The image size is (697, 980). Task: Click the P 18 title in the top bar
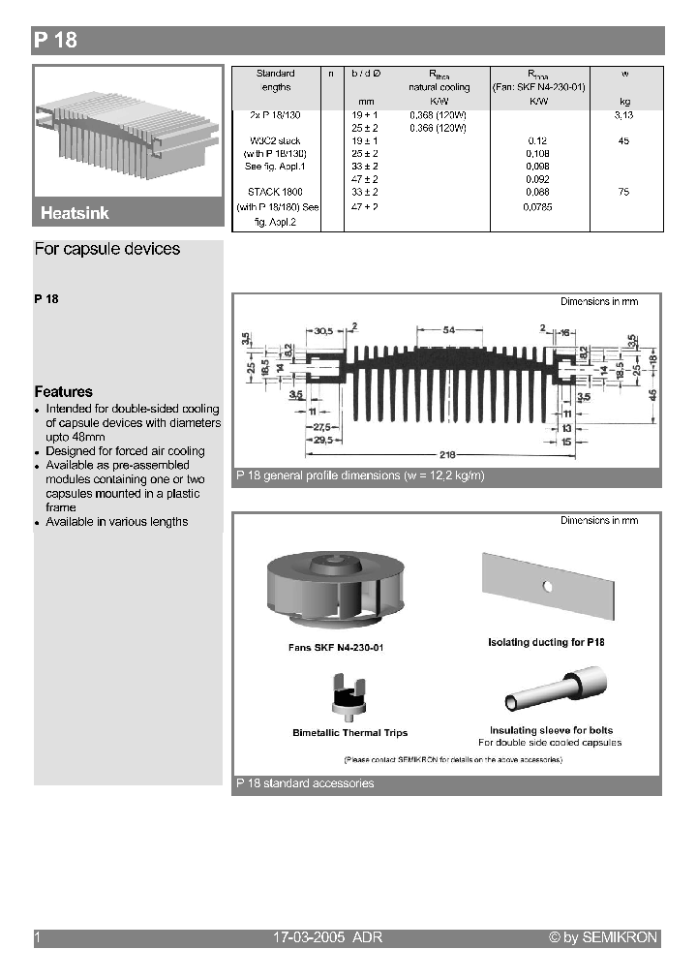55,40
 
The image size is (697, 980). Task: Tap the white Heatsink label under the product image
75,213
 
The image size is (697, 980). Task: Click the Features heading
63,391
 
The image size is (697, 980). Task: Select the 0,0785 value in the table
537,207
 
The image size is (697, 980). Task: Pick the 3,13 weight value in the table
623,114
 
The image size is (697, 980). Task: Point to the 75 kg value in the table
623,193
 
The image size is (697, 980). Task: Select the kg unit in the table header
623,101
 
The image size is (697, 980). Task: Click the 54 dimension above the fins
449,330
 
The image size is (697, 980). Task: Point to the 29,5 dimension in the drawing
323,441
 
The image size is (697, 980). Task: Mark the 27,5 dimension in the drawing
322,427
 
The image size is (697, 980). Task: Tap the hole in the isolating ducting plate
547,585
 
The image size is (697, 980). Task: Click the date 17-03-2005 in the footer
310,937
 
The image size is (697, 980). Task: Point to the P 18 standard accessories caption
305,783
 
